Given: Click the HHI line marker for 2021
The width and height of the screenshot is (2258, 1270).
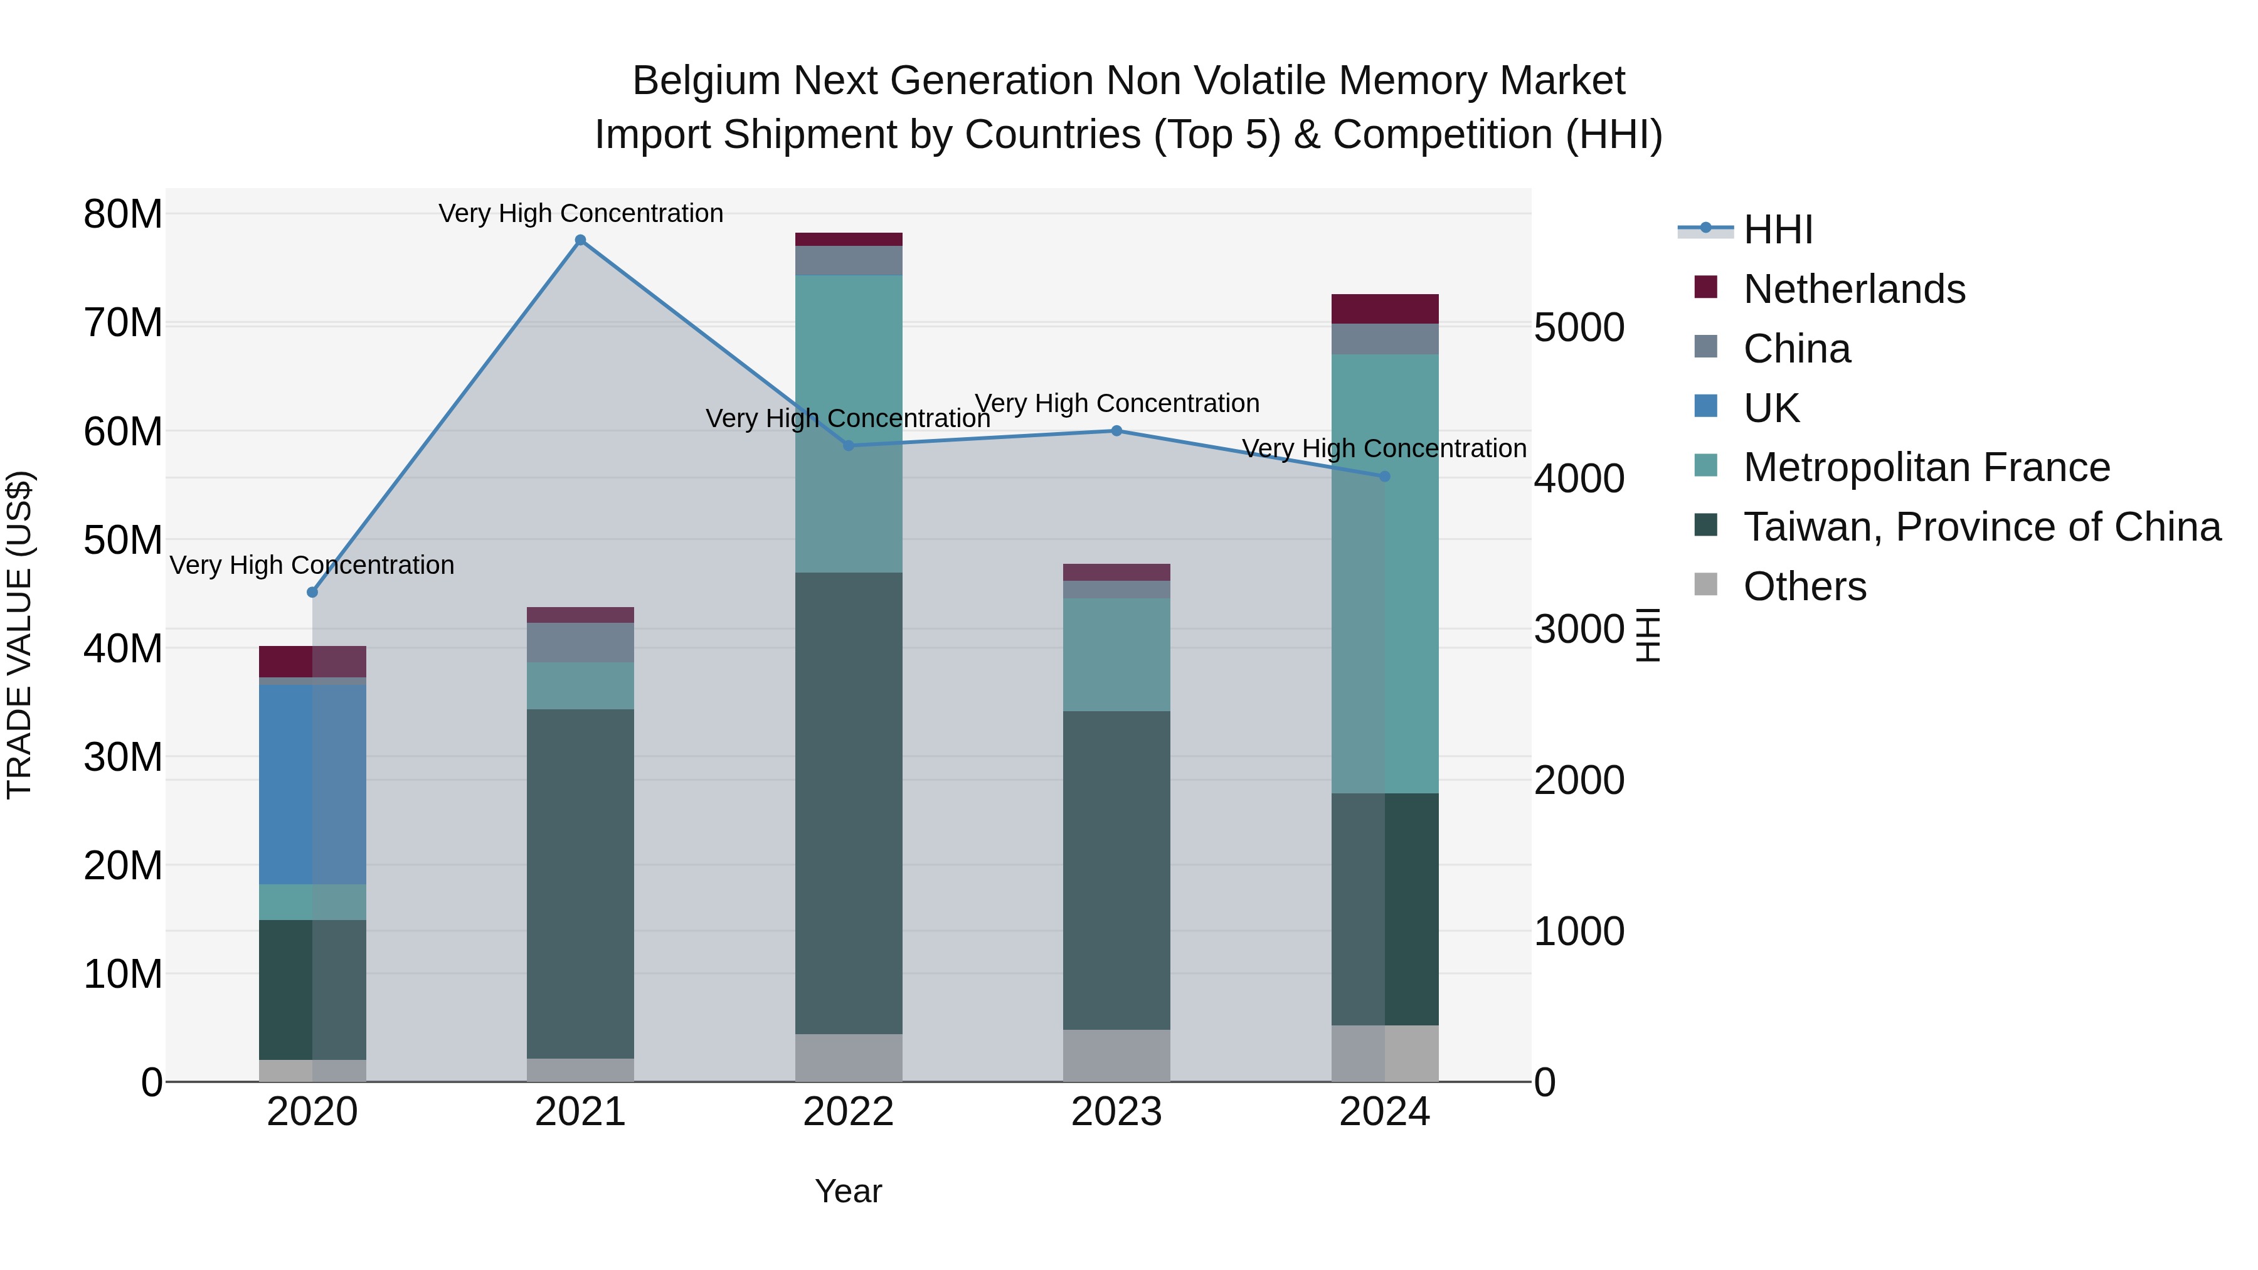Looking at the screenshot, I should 580,240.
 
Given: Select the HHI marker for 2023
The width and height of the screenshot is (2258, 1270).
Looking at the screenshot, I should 1116,430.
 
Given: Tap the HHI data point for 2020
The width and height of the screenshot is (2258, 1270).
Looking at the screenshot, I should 312,591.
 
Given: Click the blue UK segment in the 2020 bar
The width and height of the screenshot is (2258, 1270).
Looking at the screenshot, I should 312,785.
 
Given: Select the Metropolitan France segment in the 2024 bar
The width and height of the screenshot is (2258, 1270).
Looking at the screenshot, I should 1384,574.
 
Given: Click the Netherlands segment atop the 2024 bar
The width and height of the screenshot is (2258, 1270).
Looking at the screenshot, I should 1384,309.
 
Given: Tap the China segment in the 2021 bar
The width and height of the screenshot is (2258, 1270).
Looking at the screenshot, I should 580,642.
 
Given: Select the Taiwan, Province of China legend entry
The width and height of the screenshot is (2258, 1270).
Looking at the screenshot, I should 1981,527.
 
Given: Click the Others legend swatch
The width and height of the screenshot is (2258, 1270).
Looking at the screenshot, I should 1706,584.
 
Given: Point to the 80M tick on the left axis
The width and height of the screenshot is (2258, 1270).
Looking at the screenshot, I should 123,214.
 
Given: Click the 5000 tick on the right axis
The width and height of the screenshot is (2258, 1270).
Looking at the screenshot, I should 1579,328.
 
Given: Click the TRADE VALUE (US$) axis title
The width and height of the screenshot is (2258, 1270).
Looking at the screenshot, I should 19,635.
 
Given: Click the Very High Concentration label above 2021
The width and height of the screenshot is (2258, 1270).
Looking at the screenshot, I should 580,213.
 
